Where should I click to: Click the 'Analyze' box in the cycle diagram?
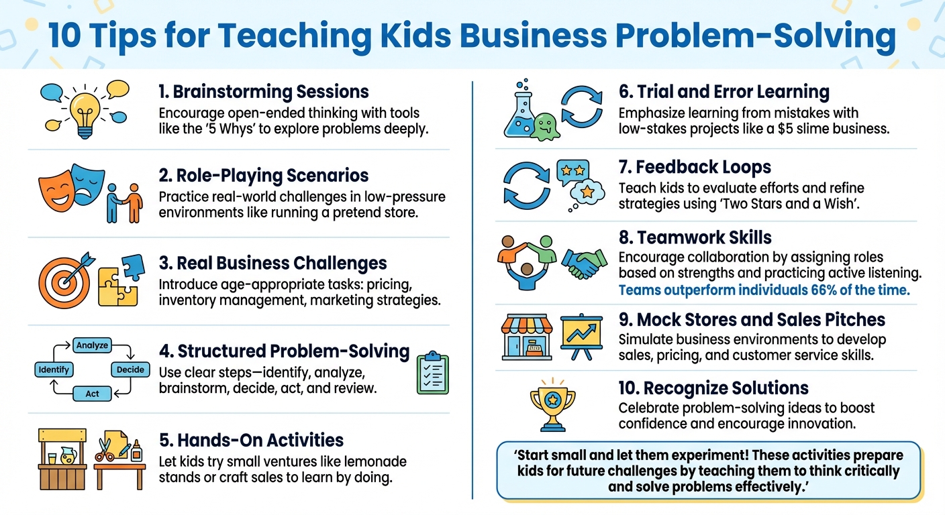tap(92, 345)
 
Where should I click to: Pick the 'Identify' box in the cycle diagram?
tap(54, 369)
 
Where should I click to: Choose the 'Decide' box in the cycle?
tap(130, 369)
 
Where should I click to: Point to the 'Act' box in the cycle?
tap(92, 394)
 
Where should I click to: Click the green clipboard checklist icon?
tap(432, 373)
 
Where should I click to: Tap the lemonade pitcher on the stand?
tap(67, 456)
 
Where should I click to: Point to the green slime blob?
tap(544, 125)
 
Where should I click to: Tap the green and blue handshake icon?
tap(581, 263)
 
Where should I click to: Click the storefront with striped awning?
tap(527, 337)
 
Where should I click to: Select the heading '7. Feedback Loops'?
tap(695, 167)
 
